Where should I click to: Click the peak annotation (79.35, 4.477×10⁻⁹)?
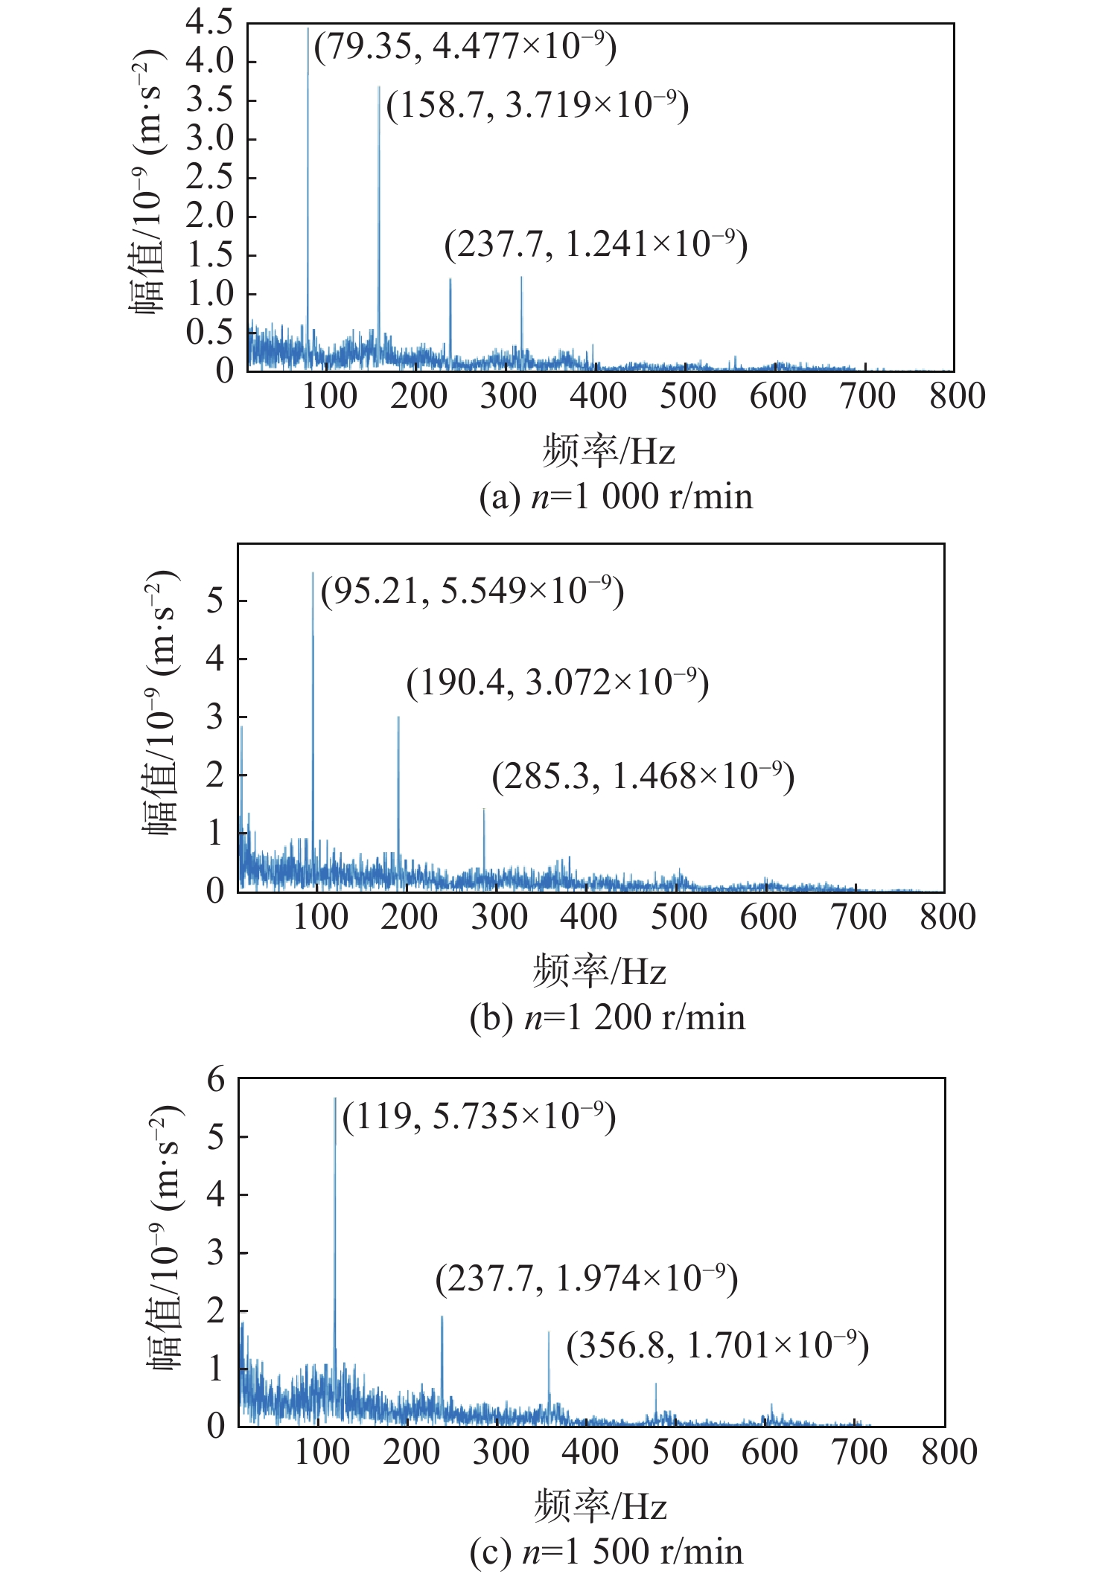pyautogui.click(x=465, y=47)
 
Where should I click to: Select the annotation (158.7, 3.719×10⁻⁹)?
pyautogui.click(x=538, y=105)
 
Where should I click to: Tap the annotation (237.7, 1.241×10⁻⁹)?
pyautogui.click(x=596, y=244)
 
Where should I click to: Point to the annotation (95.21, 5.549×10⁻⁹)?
pyautogui.click(x=472, y=591)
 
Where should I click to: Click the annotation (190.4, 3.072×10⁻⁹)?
pyautogui.click(x=558, y=682)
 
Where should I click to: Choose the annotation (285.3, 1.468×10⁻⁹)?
pyautogui.click(x=643, y=776)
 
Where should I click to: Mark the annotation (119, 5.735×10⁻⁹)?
pyautogui.click(x=479, y=1116)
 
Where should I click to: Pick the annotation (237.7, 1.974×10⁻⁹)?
pyautogui.click(x=587, y=1279)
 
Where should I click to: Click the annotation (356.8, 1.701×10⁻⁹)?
pyautogui.click(x=718, y=1346)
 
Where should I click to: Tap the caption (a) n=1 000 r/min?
pyautogui.click(x=616, y=496)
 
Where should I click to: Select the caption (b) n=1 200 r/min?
pyautogui.click(x=607, y=1017)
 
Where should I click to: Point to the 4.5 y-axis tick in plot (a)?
pyautogui.click(x=210, y=22)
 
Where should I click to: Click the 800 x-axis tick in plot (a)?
pyautogui.click(x=957, y=396)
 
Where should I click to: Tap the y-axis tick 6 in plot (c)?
pyautogui.click(x=216, y=1079)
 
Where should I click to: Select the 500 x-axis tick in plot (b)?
pyautogui.click(x=678, y=917)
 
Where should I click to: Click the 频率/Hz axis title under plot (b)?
pyautogui.click(x=599, y=970)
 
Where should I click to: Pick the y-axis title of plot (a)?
pyautogui.click(x=147, y=182)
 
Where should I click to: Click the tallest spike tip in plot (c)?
pyautogui.click(x=335, y=1098)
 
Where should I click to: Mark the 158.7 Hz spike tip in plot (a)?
pyautogui.click(x=379, y=87)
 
